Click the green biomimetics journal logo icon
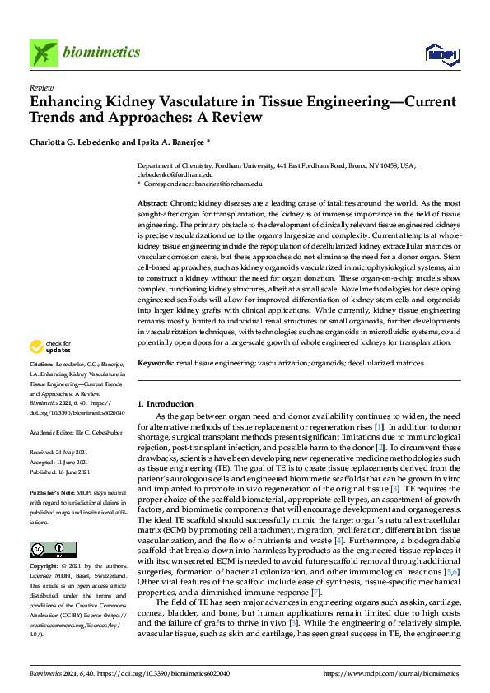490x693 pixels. point(44,53)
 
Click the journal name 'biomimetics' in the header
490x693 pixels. point(101,53)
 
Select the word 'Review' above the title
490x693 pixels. point(40,86)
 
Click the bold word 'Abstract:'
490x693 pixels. point(152,202)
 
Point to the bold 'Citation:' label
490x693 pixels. point(41,387)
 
